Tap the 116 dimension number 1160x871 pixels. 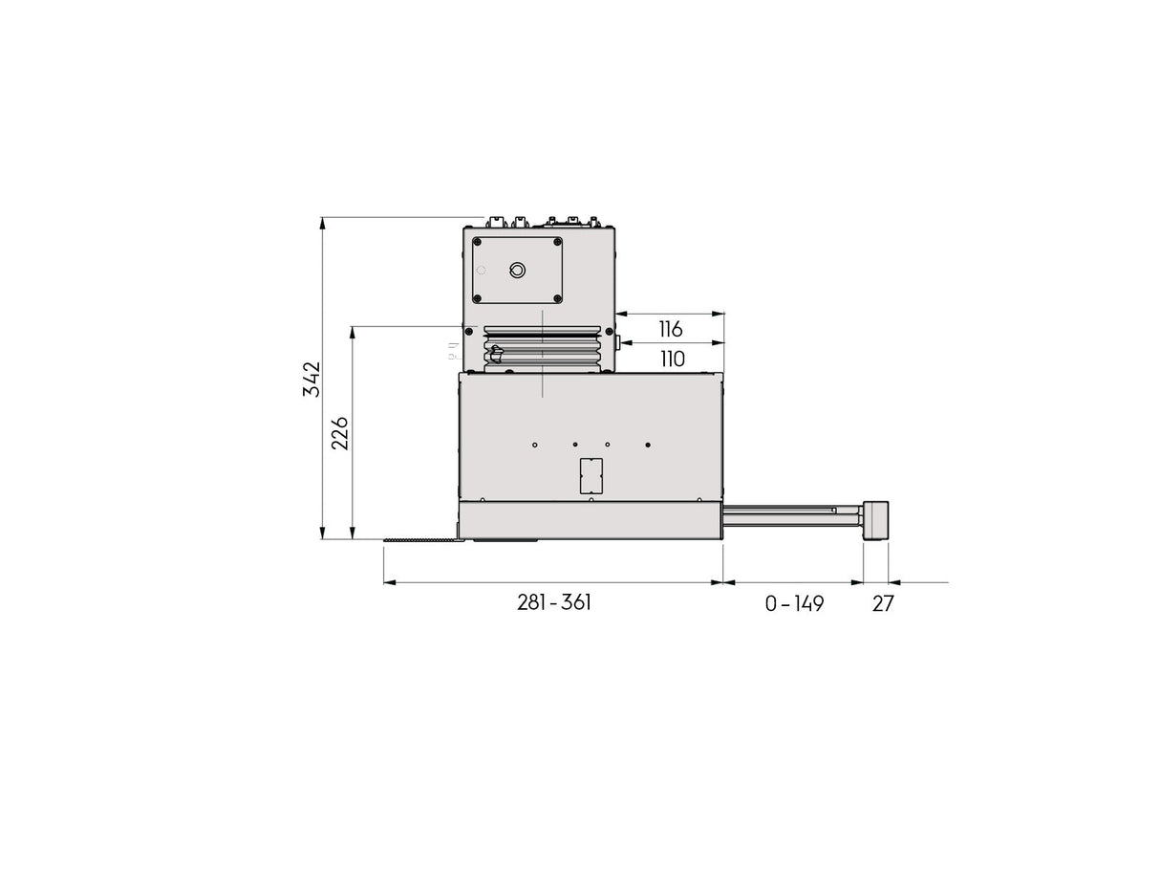(671, 329)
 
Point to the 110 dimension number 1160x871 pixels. (672, 359)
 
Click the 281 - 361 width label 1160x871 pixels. (554, 603)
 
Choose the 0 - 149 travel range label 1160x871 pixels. (794, 604)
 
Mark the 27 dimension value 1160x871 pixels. (883, 604)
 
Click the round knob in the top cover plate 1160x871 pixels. (517, 271)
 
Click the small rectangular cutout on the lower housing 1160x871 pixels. (592, 475)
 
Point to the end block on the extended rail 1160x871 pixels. (875, 521)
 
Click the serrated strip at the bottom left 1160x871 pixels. (420, 542)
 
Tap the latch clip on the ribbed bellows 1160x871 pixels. (494, 357)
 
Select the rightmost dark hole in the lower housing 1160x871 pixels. (648, 445)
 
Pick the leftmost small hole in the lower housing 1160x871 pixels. (535, 445)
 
